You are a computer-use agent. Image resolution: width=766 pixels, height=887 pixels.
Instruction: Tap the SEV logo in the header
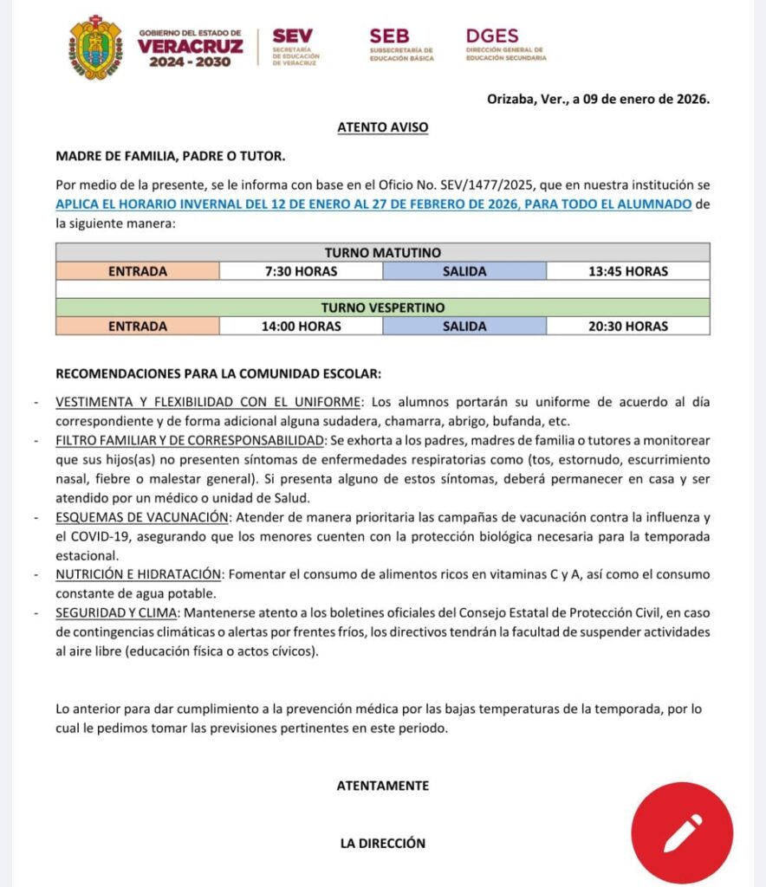tap(292, 37)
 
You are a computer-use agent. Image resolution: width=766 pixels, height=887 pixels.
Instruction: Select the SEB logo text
tap(389, 36)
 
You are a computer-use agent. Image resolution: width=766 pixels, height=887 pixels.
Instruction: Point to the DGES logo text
tap(492, 36)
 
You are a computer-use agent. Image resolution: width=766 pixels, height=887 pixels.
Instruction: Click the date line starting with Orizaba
tap(598, 99)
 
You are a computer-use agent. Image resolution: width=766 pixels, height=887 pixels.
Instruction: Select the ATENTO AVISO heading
tap(382, 127)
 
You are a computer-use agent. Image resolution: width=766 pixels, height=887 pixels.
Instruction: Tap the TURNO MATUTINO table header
tap(382, 253)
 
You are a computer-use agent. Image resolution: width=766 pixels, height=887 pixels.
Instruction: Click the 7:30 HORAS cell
tap(302, 271)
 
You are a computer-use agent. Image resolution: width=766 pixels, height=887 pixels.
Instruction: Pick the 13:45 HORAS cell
tap(627, 271)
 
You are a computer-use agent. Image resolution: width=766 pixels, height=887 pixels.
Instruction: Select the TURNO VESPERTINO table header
tap(382, 308)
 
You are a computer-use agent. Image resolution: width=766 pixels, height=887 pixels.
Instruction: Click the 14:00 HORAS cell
tap(302, 327)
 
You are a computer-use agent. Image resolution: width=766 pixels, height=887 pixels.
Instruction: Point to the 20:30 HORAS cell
tap(627, 327)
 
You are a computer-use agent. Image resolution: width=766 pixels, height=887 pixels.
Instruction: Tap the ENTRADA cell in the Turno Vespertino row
tap(138, 327)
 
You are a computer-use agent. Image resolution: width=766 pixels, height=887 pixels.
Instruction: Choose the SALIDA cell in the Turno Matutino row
tap(464, 271)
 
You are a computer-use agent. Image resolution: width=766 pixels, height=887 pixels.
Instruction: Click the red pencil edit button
tap(681, 832)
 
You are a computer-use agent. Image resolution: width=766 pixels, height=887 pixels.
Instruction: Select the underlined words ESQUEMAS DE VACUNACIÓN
tap(143, 517)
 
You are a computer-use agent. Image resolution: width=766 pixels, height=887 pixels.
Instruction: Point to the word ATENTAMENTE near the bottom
tap(382, 786)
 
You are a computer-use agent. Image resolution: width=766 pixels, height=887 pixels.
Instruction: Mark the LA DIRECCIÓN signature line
tap(382, 843)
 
